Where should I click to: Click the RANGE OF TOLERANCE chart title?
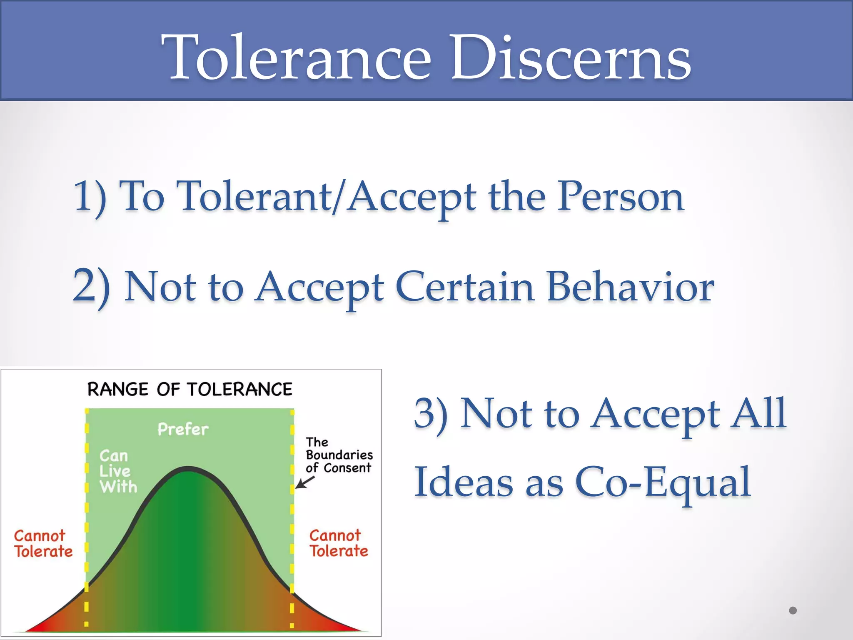(190, 389)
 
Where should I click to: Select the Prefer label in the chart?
(183, 429)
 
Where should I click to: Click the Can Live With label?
(117, 471)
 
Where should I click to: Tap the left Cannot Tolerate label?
(43, 543)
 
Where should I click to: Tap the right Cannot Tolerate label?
(338, 543)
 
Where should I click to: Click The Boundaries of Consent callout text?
(339, 455)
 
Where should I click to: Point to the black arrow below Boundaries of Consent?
(304, 482)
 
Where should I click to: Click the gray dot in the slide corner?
(793, 610)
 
